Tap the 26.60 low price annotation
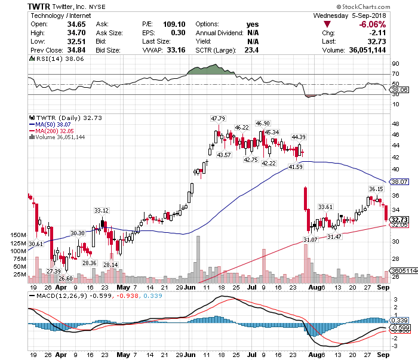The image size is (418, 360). (66, 278)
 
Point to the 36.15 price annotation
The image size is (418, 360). (376, 189)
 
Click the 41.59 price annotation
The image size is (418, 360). (296, 167)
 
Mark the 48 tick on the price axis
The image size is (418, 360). (395, 124)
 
